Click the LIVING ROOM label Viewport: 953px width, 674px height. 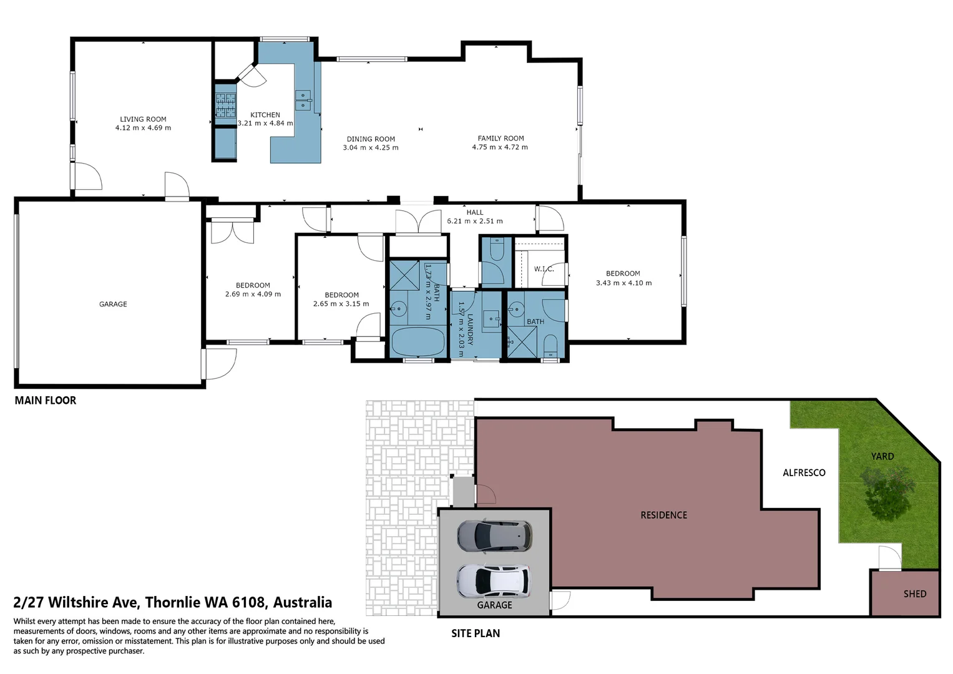point(143,119)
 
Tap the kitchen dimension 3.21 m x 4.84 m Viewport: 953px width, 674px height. point(265,124)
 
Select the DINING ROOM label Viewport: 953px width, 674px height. point(371,139)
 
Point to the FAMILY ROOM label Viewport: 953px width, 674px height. point(501,139)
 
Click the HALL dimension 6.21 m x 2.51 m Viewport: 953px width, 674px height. point(474,221)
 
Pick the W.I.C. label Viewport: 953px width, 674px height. point(544,269)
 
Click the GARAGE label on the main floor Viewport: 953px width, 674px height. point(113,304)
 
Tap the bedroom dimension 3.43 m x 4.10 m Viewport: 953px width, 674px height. point(623,283)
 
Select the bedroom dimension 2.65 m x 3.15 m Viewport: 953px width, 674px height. point(341,304)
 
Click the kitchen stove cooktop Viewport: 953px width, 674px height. point(225,105)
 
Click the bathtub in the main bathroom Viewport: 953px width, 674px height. point(418,341)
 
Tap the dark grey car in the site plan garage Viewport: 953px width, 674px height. point(494,535)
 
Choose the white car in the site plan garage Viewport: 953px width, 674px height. point(494,580)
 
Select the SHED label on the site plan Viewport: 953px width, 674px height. point(914,593)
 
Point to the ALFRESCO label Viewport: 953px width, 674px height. point(804,473)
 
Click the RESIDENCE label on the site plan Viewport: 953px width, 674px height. point(663,515)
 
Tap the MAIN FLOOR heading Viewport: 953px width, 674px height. point(46,401)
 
